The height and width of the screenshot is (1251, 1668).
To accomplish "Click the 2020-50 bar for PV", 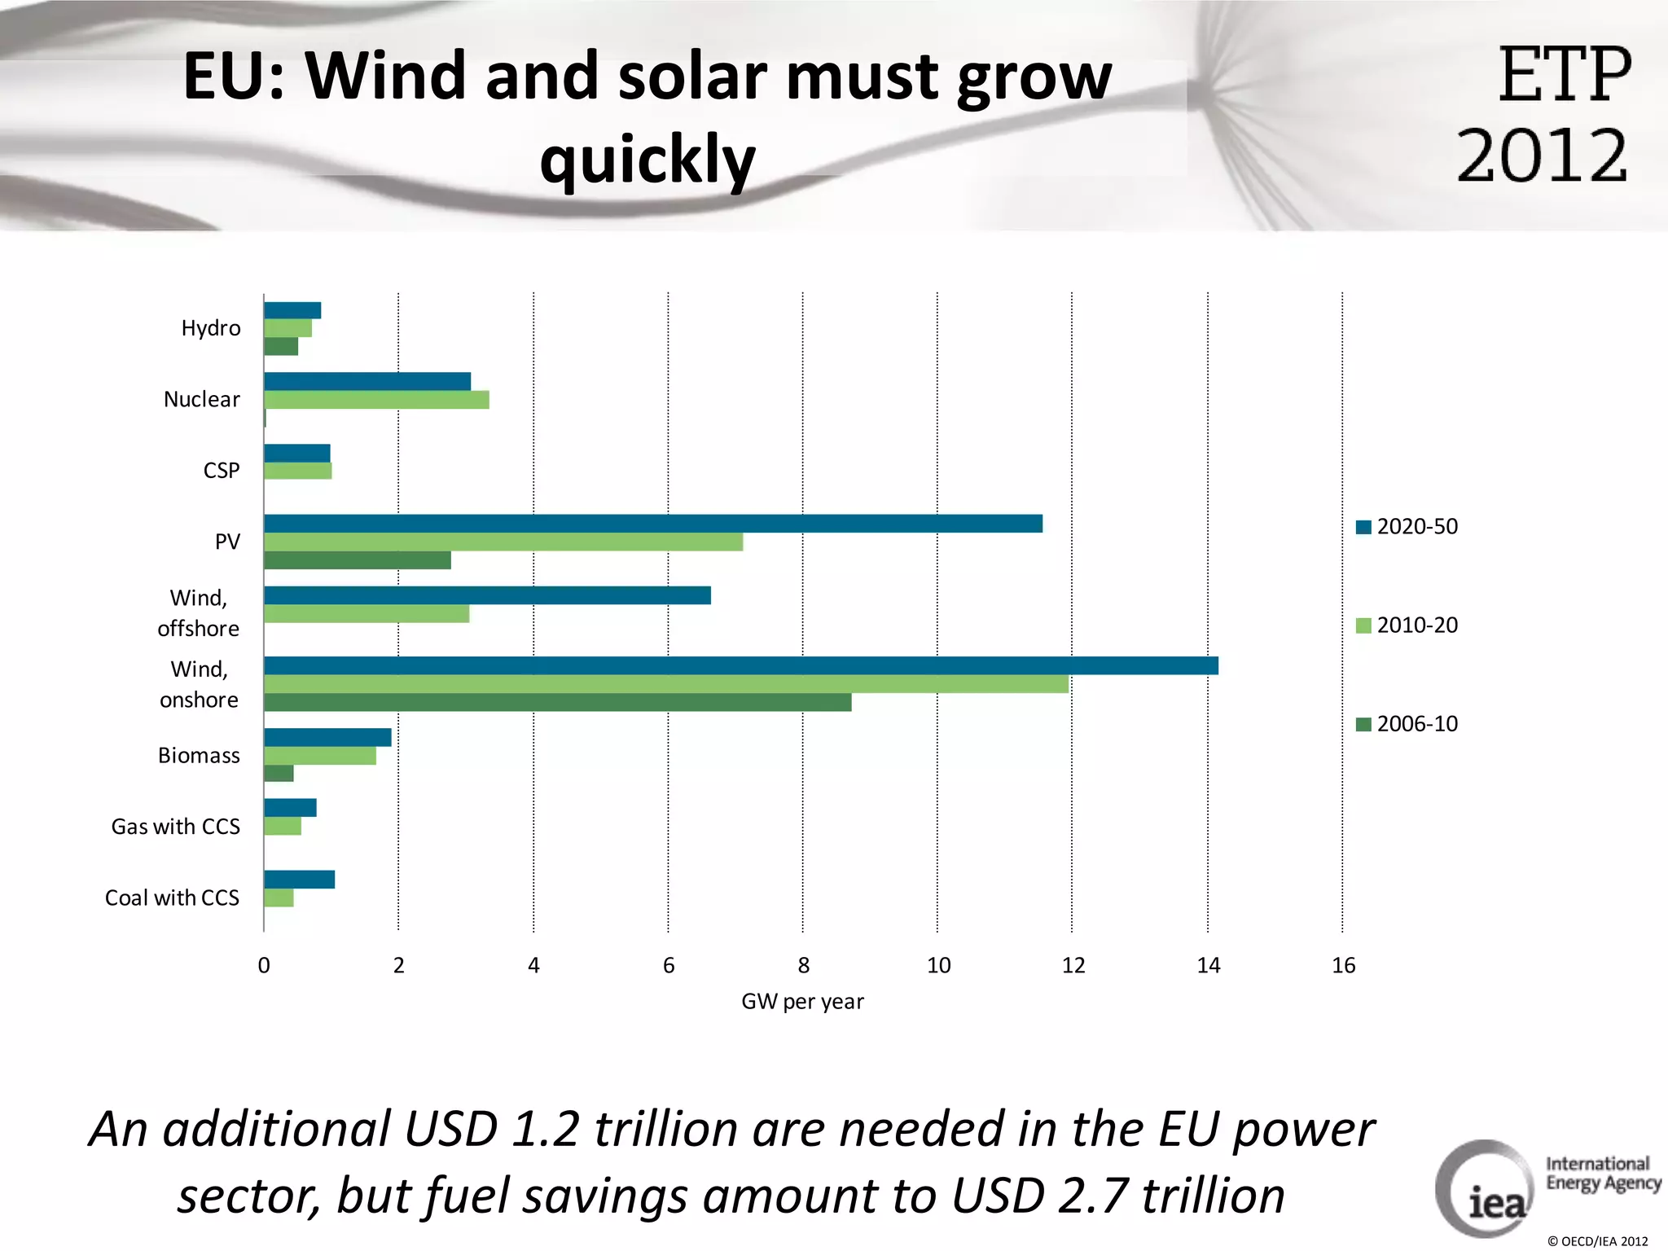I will click(652, 524).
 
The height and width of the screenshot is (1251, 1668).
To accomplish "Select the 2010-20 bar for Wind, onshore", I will click(665, 684).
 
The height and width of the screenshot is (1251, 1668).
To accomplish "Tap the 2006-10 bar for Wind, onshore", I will click(557, 702).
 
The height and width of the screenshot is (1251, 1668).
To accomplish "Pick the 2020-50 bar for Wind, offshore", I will click(487, 595).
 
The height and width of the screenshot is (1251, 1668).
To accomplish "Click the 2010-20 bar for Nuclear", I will click(376, 400).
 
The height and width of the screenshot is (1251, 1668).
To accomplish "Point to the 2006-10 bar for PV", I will click(357, 560).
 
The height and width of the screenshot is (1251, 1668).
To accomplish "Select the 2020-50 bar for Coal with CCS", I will click(299, 880).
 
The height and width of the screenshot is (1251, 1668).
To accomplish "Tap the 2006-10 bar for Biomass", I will click(279, 773).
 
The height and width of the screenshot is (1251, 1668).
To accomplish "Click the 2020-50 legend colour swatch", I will click(1363, 527).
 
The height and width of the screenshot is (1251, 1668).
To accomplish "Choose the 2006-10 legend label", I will click(1417, 724).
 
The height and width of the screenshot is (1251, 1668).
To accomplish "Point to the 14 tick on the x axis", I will click(1209, 966).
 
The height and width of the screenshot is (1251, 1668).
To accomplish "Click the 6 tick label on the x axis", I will click(669, 966).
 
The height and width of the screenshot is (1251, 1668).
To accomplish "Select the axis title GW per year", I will click(802, 1002).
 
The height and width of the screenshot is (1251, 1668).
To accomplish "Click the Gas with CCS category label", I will click(176, 827).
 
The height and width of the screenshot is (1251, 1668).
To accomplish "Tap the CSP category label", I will click(222, 471).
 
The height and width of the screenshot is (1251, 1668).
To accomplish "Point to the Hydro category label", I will click(211, 328).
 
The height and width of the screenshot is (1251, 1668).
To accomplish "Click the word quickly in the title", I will click(647, 160).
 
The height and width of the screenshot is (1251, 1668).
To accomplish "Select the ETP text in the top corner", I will click(1565, 75).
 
